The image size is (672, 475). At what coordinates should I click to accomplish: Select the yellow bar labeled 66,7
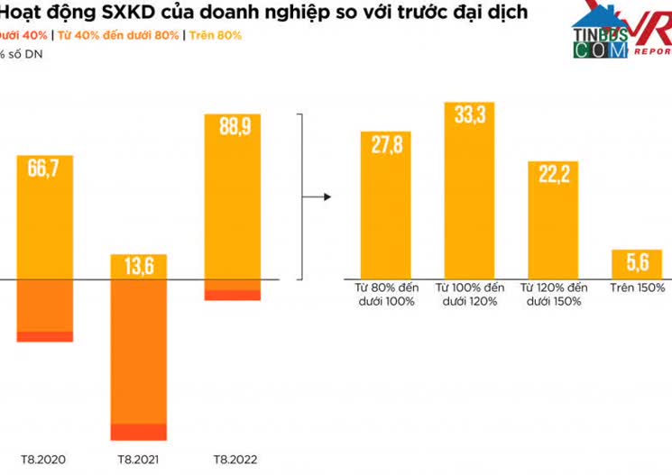tap(45, 216)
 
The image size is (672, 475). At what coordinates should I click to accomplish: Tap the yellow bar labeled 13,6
tap(138, 267)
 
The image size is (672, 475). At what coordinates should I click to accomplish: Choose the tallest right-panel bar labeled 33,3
tap(469, 189)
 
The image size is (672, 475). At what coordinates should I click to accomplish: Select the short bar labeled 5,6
tap(637, 263)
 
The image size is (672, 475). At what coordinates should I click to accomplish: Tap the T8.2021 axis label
tap(137, 459)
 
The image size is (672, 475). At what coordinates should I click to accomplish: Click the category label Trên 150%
tap(637, 288)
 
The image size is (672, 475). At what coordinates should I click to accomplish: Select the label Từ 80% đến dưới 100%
tap(385, 295)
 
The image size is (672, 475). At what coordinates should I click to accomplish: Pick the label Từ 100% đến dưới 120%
tap(469, 295)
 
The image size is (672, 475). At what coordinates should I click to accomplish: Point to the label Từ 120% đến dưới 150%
tap(553, 295)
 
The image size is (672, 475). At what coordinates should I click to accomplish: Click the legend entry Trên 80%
tap(216, 35)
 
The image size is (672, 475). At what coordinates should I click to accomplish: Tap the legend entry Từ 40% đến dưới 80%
tap(121, 35)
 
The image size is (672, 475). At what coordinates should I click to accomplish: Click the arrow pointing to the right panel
tap(315, 196)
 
